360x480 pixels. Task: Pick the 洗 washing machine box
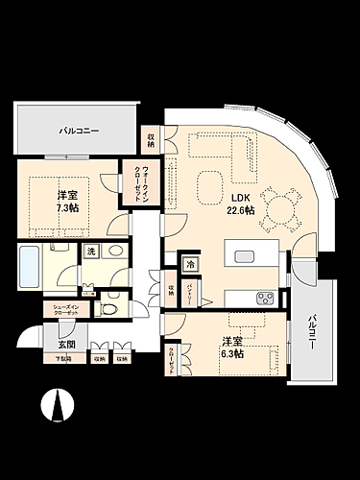[x=90, y=251]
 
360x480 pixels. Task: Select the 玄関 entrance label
[x=65, y=344]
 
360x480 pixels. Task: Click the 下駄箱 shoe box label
[x=62, y=359]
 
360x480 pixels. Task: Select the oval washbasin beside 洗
[x=115, y=252]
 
